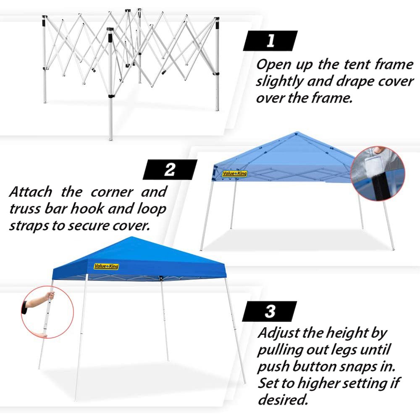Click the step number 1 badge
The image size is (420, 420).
point(270,41)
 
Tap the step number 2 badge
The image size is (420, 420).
point(170,170)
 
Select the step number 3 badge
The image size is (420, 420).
point(270,311)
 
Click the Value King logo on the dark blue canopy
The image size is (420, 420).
point(106,266)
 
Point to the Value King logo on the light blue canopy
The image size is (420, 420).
point(235,173)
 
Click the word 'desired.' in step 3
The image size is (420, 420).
point(283,399)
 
